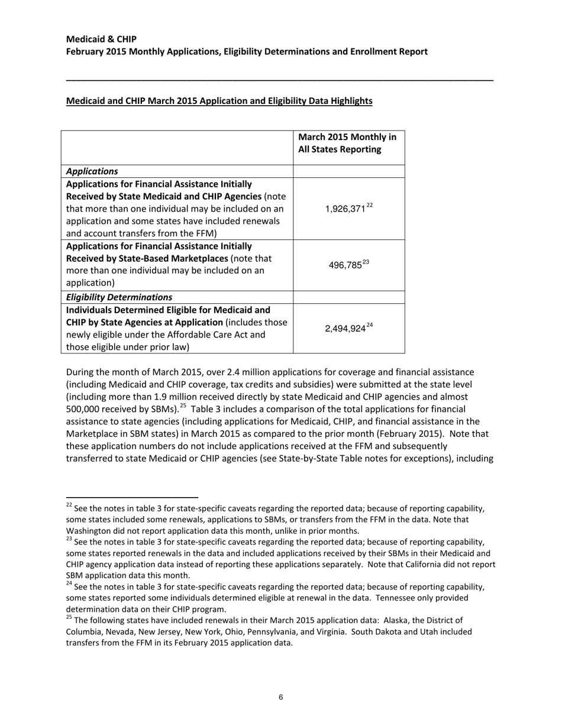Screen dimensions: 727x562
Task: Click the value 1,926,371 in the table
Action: (x=345, y=209)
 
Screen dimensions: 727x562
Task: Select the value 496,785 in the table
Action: (x=345, y=265)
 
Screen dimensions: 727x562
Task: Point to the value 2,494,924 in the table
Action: (x=345, y=329)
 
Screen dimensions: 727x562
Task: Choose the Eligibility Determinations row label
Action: (x=119, y=297)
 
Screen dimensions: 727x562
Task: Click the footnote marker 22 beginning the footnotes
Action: (x=69, y=505)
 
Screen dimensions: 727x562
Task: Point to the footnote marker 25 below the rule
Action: (x=69, y=618)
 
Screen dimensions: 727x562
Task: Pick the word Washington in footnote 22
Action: (x=90, y=531)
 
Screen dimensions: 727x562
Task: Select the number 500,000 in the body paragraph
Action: (x=86, y=409)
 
